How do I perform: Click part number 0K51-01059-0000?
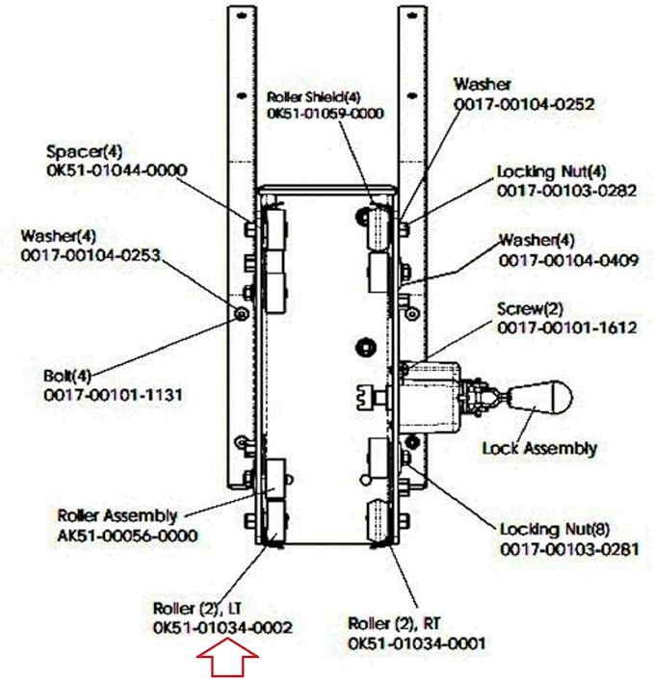pyautogui.click(x=326, y=114)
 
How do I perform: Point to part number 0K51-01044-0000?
pyautogui.click(x=117, y=170)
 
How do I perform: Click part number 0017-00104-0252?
pyautogui.click(x=538, y=103)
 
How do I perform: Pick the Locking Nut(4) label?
pyautogui.click(x=552, y=171)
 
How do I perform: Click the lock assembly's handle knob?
pyautogui.click(x=541, y=396)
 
